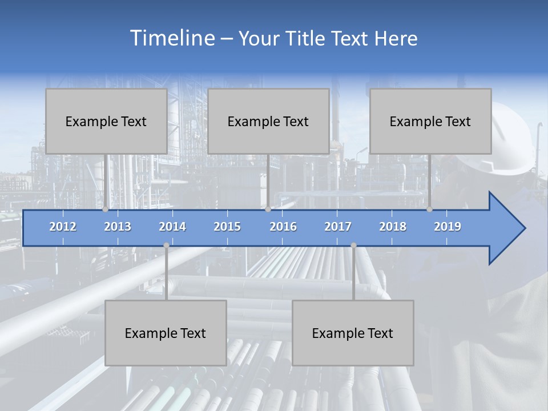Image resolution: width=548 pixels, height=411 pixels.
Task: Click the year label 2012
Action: point(63,227)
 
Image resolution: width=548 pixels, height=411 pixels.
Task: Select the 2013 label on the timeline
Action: point(118,227)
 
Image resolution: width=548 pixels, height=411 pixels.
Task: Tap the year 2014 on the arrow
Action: point(172,227)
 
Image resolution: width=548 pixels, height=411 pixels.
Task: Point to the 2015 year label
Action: point(227,227)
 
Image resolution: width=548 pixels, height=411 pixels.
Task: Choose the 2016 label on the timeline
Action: point(283,227)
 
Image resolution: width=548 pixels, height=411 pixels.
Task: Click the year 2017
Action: point(338,227)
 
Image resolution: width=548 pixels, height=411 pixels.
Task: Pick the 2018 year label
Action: point(393,227)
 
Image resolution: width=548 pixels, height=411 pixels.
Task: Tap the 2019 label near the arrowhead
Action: point(448,227)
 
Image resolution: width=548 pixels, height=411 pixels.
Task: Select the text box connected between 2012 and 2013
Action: point(106,121)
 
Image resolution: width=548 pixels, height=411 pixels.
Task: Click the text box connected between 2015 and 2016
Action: point(268,121)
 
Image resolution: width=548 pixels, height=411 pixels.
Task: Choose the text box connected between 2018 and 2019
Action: point(430,121)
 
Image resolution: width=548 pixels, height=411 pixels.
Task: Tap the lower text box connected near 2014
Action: point(166,333)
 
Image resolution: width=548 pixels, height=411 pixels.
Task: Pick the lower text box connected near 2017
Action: point(353,333)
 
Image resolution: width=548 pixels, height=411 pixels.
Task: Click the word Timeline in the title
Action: point(171,38)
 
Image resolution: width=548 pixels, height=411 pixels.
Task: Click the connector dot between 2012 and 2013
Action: point(106,209)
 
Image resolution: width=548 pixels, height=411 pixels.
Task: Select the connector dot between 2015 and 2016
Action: point(268,209)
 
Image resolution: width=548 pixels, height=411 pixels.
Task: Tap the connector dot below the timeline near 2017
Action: point(353,245)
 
